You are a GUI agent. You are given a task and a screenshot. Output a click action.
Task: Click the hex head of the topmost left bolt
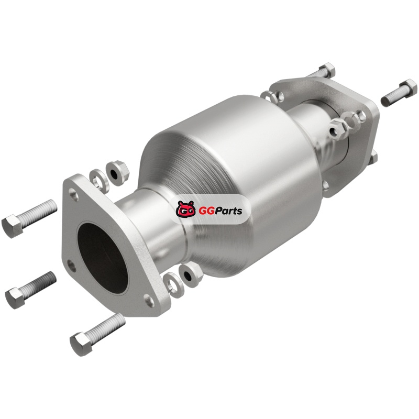pyautogui.click(x=13, y=227)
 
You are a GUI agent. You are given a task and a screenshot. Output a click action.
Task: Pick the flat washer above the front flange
pyautogui.click(x=99, y=181)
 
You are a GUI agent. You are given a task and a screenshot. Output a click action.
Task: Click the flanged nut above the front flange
pyautogui.click(x=117, y=173)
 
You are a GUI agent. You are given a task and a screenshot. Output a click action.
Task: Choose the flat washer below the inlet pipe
pyautogui.click(x=173, y=285)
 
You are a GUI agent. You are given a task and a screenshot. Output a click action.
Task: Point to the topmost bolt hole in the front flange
pyautogui.click(x=73, y=194)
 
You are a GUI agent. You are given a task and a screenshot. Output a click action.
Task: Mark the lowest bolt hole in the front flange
pyautogui.click(x=149, y=300)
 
